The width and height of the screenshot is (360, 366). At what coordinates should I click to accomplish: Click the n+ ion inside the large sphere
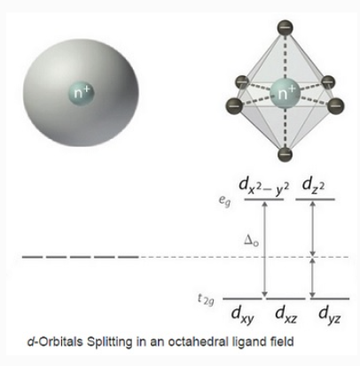coord(81,94)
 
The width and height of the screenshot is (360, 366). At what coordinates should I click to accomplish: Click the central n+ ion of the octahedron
coord(285,93)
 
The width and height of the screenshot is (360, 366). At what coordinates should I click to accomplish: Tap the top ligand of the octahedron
coord(285,27)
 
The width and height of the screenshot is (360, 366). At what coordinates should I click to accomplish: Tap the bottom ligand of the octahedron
coord(285,154)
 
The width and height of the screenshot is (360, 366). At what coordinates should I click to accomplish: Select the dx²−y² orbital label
coord(264,187)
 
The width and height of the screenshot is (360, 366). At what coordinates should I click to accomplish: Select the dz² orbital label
coord(313,186)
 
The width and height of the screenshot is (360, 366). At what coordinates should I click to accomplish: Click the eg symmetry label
coord(224,200)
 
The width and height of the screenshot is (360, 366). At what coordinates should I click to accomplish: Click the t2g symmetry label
coord(206,300)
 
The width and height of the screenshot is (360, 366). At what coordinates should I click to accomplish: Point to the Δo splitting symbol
coord(251,240)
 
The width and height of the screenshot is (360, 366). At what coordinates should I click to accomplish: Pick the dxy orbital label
coord(242,315)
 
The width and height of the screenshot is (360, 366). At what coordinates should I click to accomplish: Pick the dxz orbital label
coord(286,315)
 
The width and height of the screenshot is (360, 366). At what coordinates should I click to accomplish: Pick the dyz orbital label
coord(330,315)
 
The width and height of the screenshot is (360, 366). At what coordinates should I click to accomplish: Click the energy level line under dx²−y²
coord(264,199)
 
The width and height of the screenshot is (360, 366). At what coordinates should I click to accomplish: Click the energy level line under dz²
coord(315,199)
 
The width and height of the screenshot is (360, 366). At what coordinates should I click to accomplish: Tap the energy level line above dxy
coord(242,299)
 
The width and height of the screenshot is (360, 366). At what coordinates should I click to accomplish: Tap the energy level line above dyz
coord(330,299)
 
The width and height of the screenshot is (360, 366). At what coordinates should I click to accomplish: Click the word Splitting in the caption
coord(109,342)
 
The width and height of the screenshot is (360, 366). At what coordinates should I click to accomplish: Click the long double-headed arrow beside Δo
coord(265,249)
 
